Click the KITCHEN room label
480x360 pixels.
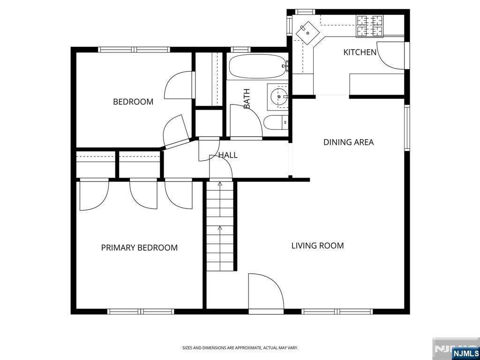pyautogui.click(x=360, y=52)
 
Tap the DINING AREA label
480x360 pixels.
pyautogui.click(x=348, y=142)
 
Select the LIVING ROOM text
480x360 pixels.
pyautogui.click(x=317, y=246)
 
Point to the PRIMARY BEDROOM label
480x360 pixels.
pyautogui.click(x=139, y=247)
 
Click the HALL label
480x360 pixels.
pyautogui.click(x=228, y=155)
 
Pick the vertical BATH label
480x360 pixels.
pyautogui.click(x=247, y=98)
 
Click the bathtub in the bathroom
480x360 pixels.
pyautogui.click(x=258, y=67)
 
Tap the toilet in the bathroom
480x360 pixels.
pyautogui.click(x=276, y=122)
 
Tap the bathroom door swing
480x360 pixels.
pyautogui.click(x=246, y=122)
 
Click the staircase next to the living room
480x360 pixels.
pyautogui.click(x=220, y=226)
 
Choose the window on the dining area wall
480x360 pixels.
pyautogui.click(x=407, y=127)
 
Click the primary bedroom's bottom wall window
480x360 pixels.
pyautogui.click(x=141, y=312)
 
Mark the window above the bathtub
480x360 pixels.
pyautogui.click(x=240, y=50)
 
